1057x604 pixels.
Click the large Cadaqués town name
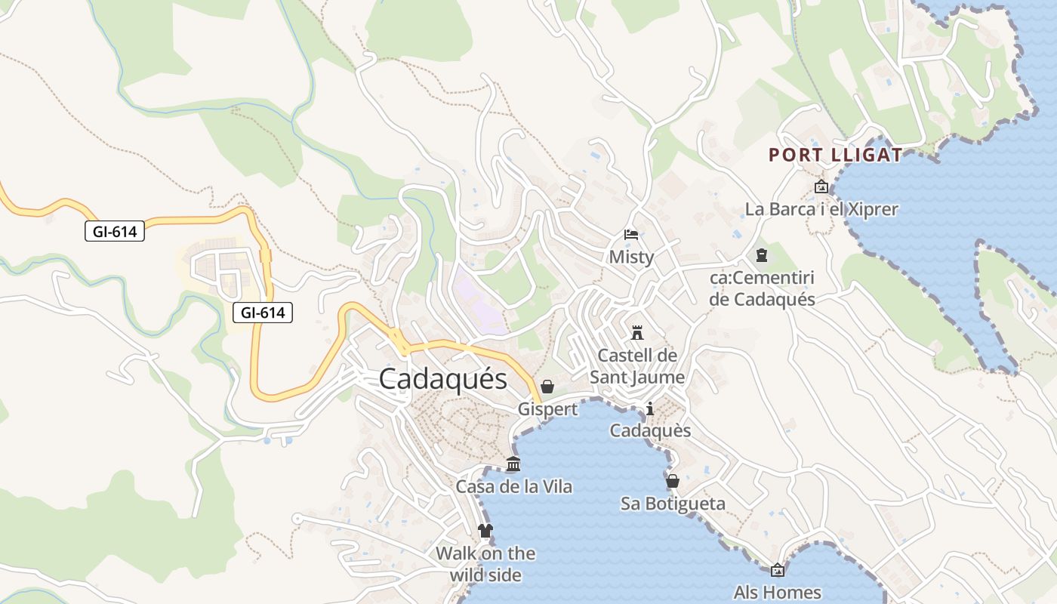click(442, 378)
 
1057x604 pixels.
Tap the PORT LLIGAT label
click(835, 156)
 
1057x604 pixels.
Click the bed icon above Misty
click(631, 235)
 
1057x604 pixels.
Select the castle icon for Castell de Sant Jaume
click(637, 332)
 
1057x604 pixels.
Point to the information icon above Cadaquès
click(650, 408)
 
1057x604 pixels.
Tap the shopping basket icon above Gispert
click(547, 387)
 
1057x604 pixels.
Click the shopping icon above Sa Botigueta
click(673, 481)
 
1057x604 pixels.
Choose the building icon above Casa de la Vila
click(513, 464)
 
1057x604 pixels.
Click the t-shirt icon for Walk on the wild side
click(485, 531)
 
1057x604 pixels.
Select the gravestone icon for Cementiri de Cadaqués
click(762, 255)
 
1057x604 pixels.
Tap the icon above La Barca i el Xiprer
click(821, 186)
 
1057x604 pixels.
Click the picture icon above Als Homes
click(777, 570)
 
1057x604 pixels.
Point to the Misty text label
click(631, 257)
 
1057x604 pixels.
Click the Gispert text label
click(547, 409)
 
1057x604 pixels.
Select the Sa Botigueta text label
click(673, 504)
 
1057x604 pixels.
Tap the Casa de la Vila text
click(513, 487)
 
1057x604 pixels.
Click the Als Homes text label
click(777, 592)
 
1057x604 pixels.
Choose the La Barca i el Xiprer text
click(821, 209)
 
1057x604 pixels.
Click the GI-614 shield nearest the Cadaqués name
click(262, 312)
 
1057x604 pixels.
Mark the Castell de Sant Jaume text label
click(637, 365)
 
